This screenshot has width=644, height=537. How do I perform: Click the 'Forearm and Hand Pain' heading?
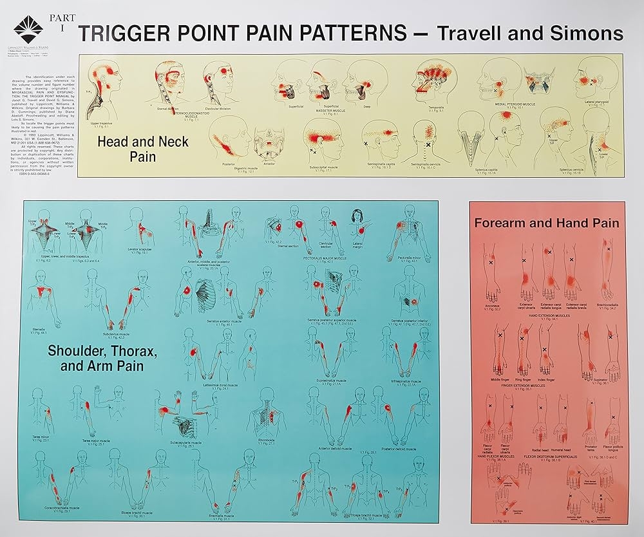coord(547,223)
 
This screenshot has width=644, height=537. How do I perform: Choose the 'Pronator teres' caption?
coord(590,445)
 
